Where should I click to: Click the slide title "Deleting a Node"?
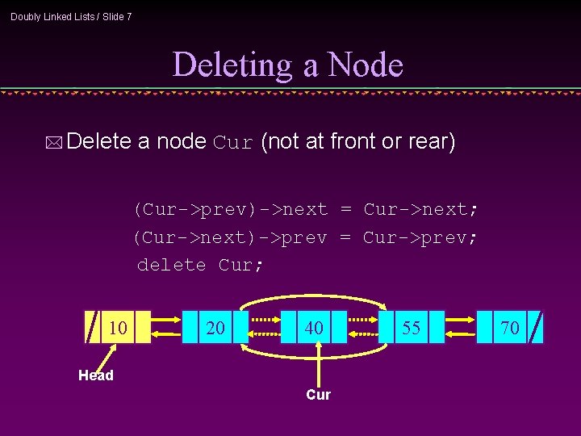[x=288, y=65]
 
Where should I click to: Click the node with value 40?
[x=314, y=327]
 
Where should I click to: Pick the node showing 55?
[x=412, y=327]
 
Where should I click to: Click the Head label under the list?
[x=96, y=375]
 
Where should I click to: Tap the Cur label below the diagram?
[x=318, y=395]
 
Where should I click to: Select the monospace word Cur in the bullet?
[x=234, y=143]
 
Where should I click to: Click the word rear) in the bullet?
[x=431, y=142]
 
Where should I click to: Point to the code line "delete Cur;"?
[x=200, y=264]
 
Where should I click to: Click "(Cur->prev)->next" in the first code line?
[x=231, y=210]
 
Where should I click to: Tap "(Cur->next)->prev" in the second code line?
[x=231, y=237]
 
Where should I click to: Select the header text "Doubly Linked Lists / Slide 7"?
[x=71, y=16]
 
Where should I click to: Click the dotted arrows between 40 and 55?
[x=363, y=327]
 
